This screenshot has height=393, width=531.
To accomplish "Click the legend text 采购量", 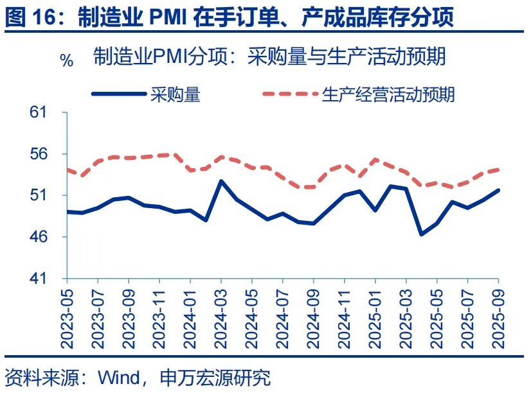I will [x=175, y=94].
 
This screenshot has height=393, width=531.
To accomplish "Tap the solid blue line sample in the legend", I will [x=118, y=94].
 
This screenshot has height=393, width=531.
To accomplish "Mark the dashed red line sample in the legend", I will [x=289, y=94].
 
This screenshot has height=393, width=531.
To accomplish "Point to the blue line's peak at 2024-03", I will [x=221, y=181].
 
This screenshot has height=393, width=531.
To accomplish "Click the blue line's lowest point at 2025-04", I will [x=422, y=234].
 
